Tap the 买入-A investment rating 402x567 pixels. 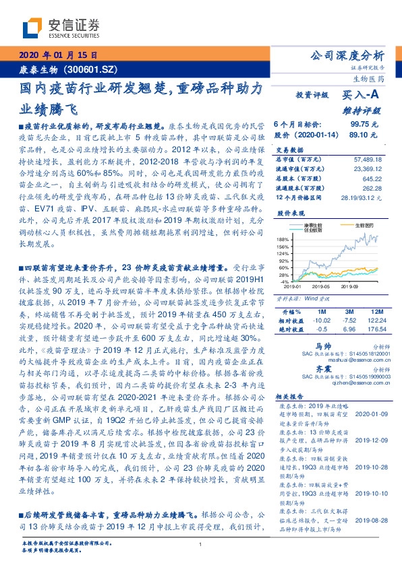click(x=364, y=96)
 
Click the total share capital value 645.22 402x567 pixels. click(x=376, y=180)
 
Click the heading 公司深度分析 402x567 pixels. click(x=355, y=56)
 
